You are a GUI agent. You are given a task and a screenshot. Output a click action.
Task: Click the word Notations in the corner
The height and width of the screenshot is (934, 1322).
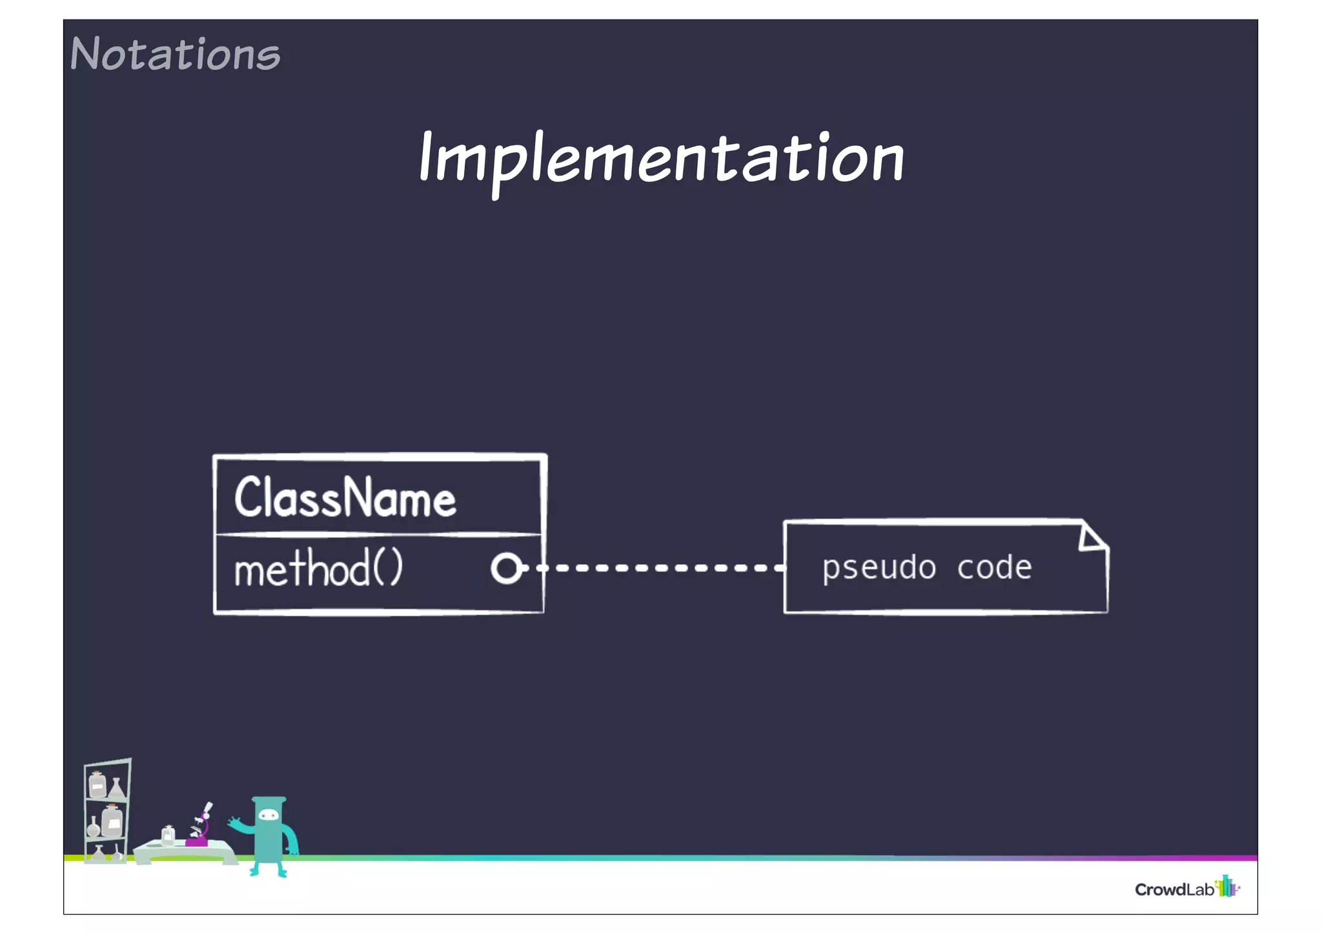[x=175, y=54]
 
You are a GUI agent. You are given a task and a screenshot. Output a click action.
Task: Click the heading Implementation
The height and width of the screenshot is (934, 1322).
[x=661, y=159]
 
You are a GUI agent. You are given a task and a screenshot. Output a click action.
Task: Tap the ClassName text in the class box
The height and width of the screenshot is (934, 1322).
[x=345, y=498]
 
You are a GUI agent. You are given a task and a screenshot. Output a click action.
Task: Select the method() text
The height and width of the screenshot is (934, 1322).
[x=318, y=569]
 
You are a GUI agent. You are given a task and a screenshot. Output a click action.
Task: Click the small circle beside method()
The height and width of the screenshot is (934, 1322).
[x=505, y=569]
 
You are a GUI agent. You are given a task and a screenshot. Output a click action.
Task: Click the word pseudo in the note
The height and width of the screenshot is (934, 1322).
[x=879, y=568]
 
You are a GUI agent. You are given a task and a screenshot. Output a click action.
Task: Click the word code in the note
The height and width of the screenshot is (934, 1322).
[x=994, y=567]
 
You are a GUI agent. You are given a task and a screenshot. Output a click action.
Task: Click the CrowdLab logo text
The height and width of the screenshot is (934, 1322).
[x=1174, y=889]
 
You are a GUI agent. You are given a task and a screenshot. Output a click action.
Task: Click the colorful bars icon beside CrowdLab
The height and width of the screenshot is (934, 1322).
[x=1226, y=886]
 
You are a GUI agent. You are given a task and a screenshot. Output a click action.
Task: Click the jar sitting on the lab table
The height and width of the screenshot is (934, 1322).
[x=168, y=835]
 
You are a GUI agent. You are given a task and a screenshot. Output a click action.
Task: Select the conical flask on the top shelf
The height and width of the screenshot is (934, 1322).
[x=117, y=788]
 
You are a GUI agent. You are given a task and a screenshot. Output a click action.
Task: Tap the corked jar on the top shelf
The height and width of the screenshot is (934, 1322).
[x=97, y=785]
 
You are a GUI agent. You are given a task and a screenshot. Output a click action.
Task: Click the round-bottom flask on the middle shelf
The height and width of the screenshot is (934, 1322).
[x=94, y=827]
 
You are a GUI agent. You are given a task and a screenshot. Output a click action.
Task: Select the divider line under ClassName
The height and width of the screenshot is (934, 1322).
[x=378, y=534]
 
